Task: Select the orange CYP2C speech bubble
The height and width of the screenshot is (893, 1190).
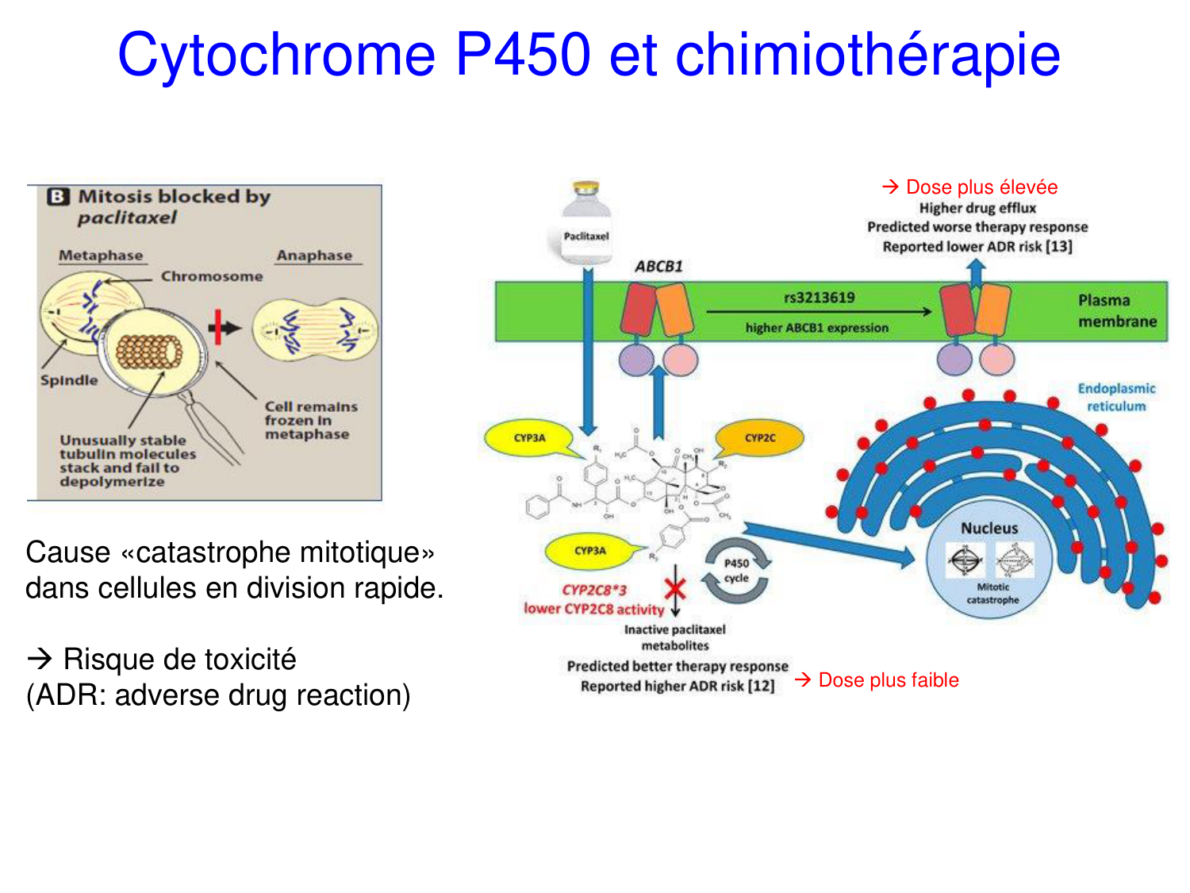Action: pyautogui.click(x=760, y=437)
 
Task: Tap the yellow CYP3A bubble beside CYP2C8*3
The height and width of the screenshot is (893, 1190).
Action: pyautogui.click(x=590, y=550)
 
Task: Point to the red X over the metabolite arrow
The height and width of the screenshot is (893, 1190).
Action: pyautogui.click(x=675, y=589)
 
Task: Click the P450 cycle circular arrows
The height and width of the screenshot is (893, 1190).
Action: pyautogui.click(x=737, y=571)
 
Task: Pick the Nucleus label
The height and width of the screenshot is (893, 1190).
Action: pyautogui.click(x=989, y=528)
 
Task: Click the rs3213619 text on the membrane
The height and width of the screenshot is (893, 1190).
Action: pyautogui.click(x=820, y=298)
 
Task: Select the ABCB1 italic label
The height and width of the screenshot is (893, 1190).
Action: pyautogui.click(x=658, y=267)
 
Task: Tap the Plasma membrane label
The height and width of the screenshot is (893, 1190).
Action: pyautogui.click(x=1117, y=310)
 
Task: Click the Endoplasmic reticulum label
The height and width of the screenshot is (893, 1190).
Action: pyautogui.click(x=1116, y=397)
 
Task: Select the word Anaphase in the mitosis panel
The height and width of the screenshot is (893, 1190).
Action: pyautogui.click(x=314, y=256)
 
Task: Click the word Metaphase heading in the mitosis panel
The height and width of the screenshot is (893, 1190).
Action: pyautogui.click(x=101, y=256)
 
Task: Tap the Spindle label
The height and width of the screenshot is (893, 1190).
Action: pyautogui.click(x=69, y=380)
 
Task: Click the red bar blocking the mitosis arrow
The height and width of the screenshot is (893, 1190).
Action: pyautogui.click(x=216, y=328)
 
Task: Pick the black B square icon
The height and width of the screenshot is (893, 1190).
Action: pyautogui.click(x=58, y=197)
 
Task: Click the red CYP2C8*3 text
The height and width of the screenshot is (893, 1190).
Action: pyautogui.click(x=594, y=590)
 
